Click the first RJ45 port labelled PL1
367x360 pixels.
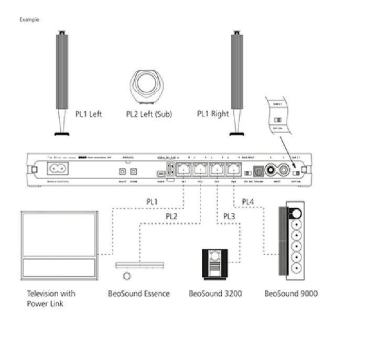(x=183, y=170)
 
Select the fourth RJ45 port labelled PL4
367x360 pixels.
(x=233, y=170)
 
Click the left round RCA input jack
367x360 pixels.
(x=271, y=170)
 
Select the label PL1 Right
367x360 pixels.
(x=212, y=114)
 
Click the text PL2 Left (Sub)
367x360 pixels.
(x=148, y=114)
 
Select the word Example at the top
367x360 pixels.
(x=29, y=19)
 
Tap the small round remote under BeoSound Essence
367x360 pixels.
(x=126, y=276)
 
